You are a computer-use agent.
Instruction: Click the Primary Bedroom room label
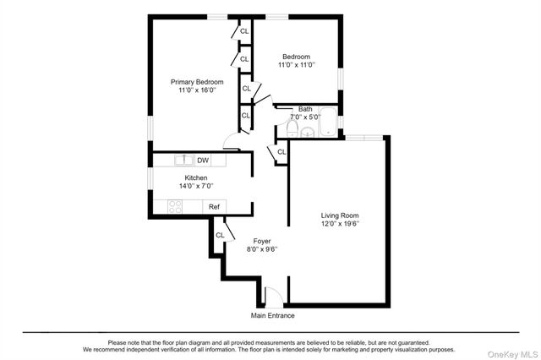[197, 82]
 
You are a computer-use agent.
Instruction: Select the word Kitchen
[196, 177]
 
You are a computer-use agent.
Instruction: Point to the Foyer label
[262, 241]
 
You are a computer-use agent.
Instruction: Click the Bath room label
[305, 108]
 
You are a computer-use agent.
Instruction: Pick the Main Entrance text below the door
[272, 316]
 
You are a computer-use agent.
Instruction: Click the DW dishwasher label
[204, 160]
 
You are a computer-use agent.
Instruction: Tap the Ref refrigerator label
[215, 206]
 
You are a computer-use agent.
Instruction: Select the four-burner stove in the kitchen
[175, 206]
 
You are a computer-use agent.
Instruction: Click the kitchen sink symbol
[183, 160]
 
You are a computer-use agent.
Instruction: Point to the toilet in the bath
[292, 128]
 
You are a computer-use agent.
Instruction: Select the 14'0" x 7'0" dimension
[196, 186]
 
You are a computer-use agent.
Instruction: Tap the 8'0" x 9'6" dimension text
[262, 249]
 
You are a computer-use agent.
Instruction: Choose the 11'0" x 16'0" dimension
[197, 90]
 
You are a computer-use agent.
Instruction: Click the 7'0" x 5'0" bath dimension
[305, 117]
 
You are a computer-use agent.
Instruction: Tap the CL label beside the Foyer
[220, 235]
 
